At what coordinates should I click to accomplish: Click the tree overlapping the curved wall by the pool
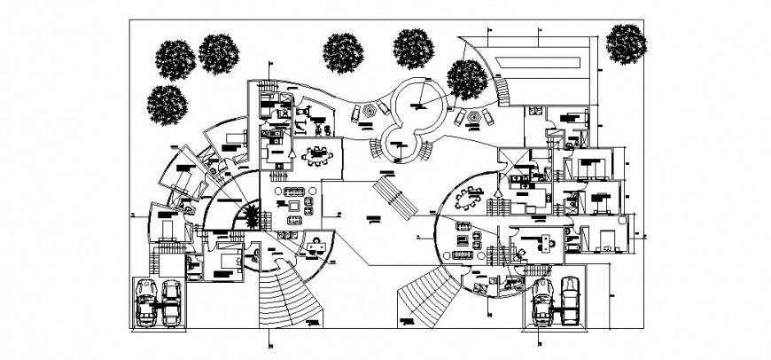coord(466,80)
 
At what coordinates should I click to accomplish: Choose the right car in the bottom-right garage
coord(570,300)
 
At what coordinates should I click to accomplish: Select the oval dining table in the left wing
coord(318,155)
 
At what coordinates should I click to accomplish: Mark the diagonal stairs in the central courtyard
coord(394,197)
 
